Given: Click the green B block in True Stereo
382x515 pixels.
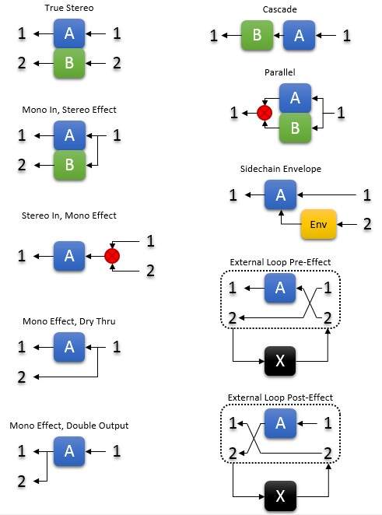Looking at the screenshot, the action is tap(69, 63).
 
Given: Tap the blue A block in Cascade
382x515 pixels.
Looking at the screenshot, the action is tap(299, 36).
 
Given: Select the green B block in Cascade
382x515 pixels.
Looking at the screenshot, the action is tap(258, 36).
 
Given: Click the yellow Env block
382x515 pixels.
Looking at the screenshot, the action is tap(319, 224).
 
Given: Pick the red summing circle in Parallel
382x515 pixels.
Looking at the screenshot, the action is tap(265, 113).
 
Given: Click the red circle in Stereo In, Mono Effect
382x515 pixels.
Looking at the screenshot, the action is tap(112, 256).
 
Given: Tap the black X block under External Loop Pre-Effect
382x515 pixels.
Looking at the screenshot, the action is tap(280, 361).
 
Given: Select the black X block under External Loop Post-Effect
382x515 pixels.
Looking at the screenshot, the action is tap(280, 496).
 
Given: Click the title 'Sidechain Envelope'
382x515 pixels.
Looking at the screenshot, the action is tap(281, 169).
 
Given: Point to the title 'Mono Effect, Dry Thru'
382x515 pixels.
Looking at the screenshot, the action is tap(69, 321).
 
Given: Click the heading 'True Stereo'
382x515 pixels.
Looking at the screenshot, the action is tap(69, 8).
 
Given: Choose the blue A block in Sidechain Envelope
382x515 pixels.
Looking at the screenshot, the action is tap(281, 194).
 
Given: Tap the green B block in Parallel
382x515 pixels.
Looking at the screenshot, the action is tap(295, 128).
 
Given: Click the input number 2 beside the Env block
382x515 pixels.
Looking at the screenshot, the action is tap(367, 224).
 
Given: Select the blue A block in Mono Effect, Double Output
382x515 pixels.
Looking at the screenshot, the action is tap(69, 452).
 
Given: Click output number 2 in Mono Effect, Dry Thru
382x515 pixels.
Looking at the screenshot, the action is tap(22, 377).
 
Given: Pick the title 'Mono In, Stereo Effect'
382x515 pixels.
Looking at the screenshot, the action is tap(69, 110).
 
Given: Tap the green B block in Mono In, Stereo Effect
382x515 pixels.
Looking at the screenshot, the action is tap(70, 165).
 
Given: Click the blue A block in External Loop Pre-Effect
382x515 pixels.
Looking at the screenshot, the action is tap(280, 288).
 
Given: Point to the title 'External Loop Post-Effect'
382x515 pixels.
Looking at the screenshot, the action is tap(281, 398).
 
